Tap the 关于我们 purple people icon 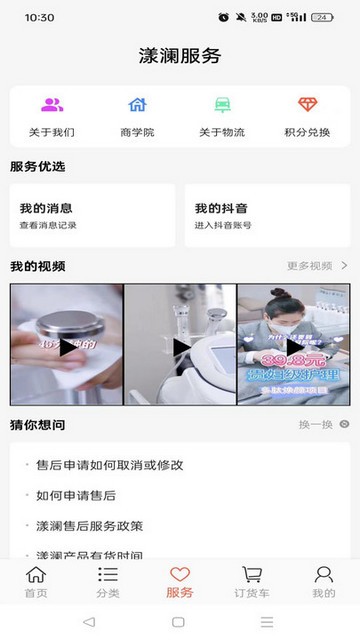coord(52,105)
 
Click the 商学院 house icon coord(137,105)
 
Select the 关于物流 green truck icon coord(222,105)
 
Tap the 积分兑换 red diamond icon coord(308,105)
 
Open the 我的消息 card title coord(46,209)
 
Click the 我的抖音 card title coord(221,209)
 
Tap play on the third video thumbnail coord(295,346)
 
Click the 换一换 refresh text coord(315,425)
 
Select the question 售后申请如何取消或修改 coord(109,465)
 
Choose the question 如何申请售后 coord(76,495)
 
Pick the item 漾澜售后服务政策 coord(89,526)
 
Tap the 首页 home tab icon coord(36,575)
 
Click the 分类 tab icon coord(108,575)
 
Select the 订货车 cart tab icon coord(252,575)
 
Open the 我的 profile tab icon coord(324,575)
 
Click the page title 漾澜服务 coord(180,56)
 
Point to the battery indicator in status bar coord(322,18)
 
